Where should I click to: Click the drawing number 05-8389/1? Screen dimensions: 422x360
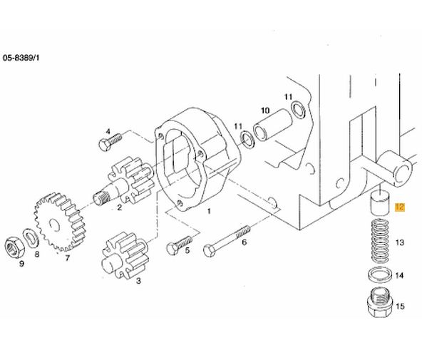pos(21,58)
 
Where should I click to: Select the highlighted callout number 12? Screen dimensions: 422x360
pos(399,207)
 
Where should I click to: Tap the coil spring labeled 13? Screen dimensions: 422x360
pos(380,241)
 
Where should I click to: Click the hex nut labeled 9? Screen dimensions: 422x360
pos(15,247)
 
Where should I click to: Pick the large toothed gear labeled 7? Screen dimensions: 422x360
pos(60,222)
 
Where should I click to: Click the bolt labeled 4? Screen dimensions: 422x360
pos(110,142)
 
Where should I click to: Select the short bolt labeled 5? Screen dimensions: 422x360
pos(179,245)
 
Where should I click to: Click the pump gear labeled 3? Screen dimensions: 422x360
pos(125,255)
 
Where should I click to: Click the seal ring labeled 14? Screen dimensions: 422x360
pos(380,275)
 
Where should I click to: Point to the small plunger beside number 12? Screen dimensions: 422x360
pos(380,204)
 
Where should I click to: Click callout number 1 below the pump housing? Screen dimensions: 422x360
pos(209,211)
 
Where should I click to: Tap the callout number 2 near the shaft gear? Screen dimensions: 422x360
pos(119,207)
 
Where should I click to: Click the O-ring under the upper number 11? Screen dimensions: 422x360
pos(299,110)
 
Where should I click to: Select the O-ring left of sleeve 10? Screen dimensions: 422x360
pos(247,139)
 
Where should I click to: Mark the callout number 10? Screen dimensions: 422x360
pos(265,110)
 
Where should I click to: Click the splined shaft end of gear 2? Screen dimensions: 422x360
pos(102,199)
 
